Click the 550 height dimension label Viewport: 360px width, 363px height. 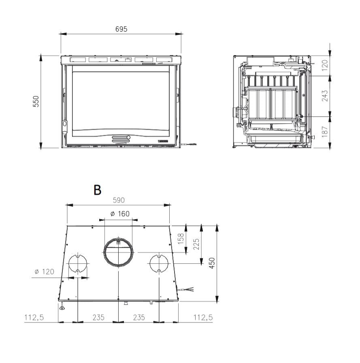[x=36, y=101]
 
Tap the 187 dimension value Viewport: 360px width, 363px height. [x=325, y=131]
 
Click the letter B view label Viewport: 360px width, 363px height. [x=97, y=190]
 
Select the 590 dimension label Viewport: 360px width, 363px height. [x=118, y=200]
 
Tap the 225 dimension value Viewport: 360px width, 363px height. [x=196, y=244]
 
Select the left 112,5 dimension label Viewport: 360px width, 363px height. [x=34, y=317]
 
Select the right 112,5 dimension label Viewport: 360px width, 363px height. [x=202, y=317]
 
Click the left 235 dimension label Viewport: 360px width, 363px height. [x=98, y=317]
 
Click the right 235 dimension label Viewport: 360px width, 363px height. [x=138, y=317]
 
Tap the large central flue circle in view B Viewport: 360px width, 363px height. [x=118, y=252]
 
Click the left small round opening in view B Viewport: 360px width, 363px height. [x=77, y=263]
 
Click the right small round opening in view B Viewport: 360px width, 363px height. [x=159, y=263]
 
